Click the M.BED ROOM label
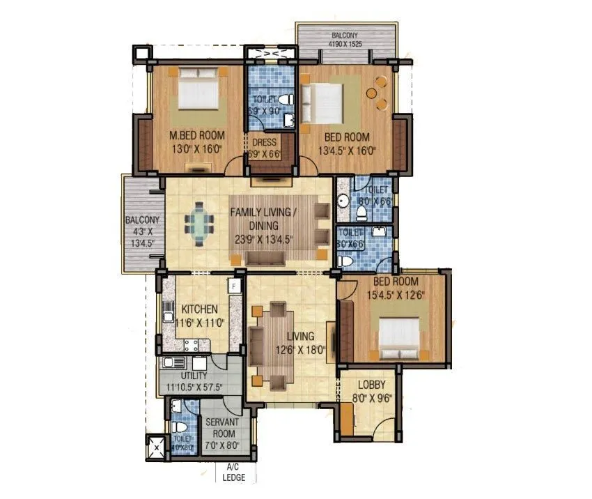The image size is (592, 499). tap(195, 137)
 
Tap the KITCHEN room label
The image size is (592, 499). tap(200, 309)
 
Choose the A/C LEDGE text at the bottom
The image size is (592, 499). tap(233, 473)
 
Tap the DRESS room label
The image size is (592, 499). tap(265, 142)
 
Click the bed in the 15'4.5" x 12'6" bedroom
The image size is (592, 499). tap(400, 337)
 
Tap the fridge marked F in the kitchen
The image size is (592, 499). tap(234, 286)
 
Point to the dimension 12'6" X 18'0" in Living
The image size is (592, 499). tap(299, 350)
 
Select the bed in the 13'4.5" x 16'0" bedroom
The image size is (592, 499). tap(324, 103)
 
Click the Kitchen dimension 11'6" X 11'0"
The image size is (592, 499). tap(201, 323)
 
